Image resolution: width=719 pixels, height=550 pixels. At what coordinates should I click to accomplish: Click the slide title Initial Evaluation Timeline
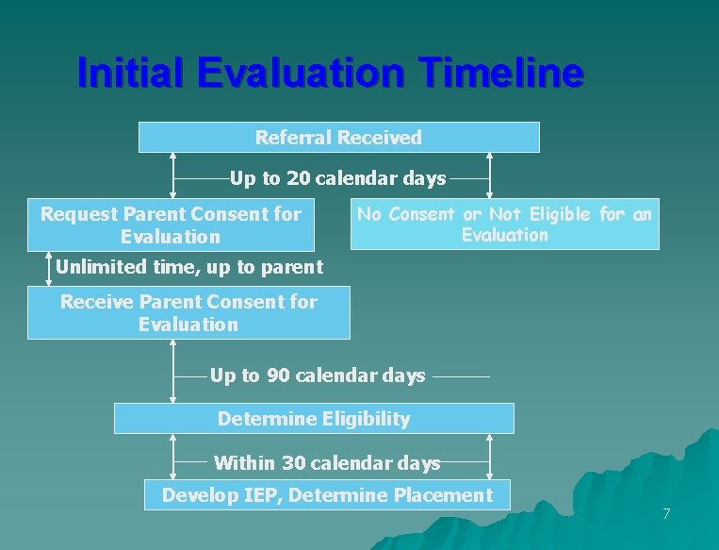click(330, 73)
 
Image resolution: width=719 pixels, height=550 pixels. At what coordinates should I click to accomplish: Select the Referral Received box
click(338, 138)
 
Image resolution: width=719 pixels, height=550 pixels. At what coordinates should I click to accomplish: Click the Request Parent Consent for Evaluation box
click(171, 225)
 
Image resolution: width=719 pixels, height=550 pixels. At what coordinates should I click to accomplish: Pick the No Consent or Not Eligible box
click(504, 225)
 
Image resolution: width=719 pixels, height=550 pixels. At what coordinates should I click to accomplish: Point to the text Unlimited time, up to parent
click(188, 267)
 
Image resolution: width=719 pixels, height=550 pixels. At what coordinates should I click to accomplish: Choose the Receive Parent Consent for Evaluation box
click(188, 313)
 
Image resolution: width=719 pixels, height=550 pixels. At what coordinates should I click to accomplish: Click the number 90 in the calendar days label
click(278, 375)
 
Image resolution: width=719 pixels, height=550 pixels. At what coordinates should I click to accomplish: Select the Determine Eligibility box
click(314, 418)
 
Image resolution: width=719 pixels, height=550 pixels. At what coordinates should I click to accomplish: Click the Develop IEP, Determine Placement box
click(327, 495)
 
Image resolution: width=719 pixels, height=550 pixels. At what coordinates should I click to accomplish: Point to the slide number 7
click(666, 514)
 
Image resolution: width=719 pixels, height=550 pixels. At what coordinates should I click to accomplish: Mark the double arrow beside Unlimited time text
click(48, 267)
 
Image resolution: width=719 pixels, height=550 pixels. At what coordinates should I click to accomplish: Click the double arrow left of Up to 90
click(174, 371)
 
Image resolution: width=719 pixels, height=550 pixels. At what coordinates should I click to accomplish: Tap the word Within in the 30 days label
click(244, 463)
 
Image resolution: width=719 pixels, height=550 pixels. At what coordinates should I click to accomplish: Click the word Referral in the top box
click(293, 138)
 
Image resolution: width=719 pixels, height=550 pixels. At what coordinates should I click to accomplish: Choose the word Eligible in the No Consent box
click(563, 215)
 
